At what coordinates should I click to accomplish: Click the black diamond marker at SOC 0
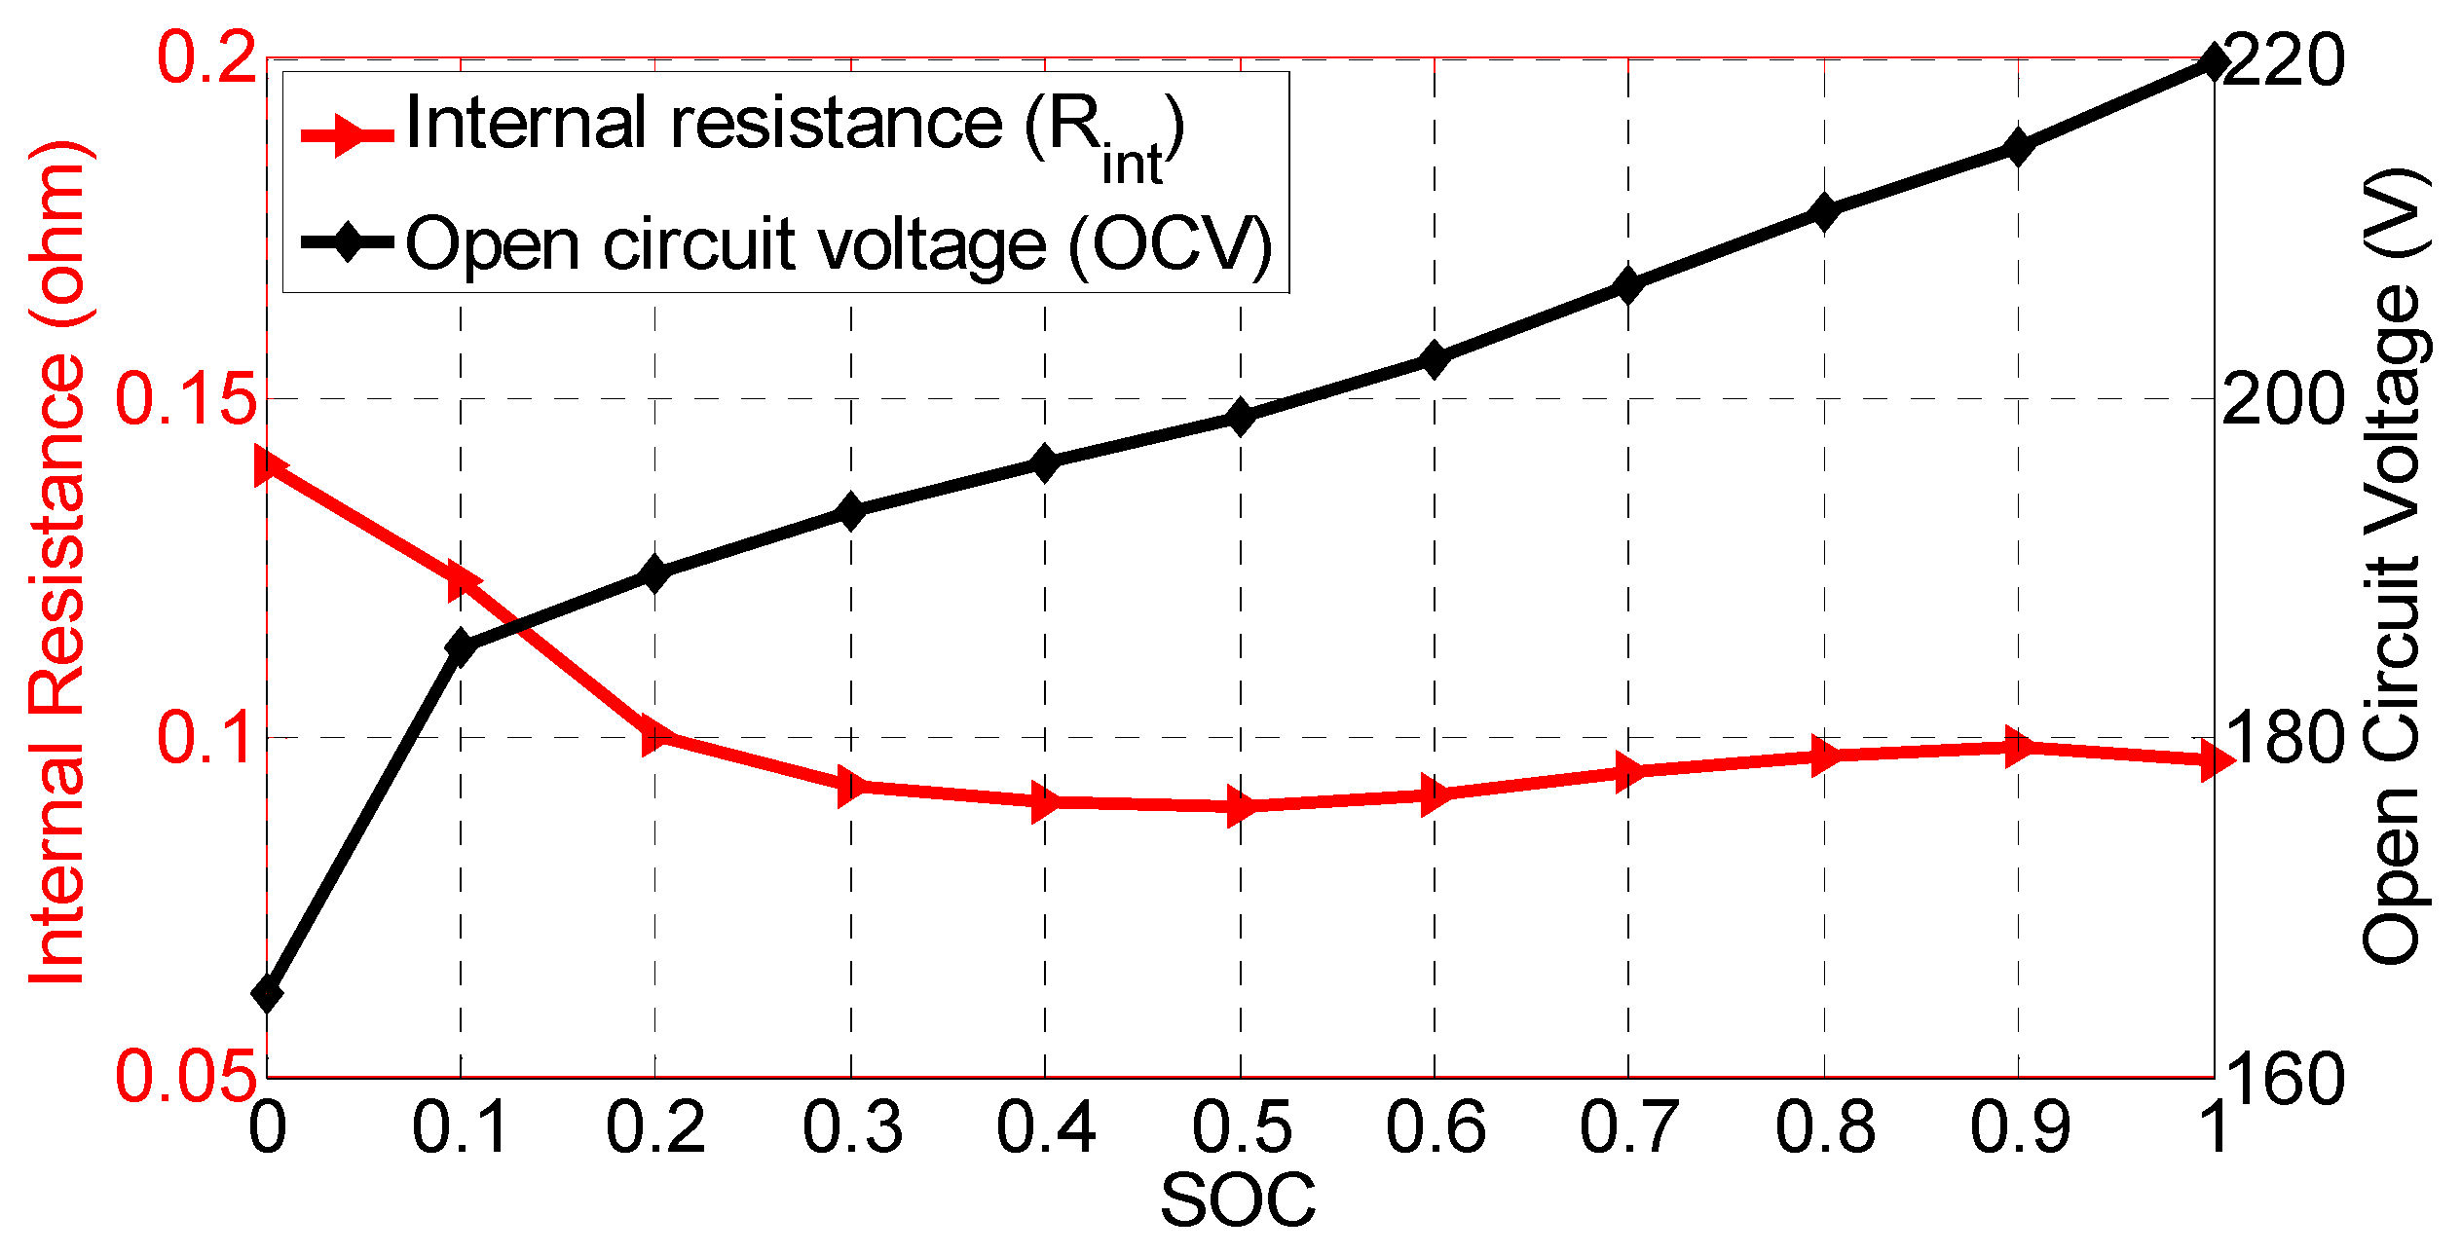click(267, 994)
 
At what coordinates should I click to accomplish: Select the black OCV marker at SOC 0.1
click(461, 646)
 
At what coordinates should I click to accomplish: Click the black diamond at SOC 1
click(2214, 62)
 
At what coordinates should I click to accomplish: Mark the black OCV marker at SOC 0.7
click(1628, 285)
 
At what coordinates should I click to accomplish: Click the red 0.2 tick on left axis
click(206, 58)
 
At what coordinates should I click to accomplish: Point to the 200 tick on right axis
click(2282, 399)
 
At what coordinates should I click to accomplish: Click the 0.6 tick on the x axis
click(1436, 1127)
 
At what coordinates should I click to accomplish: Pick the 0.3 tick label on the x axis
click(852, 1127)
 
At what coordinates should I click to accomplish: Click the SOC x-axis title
click(1238, 1200)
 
